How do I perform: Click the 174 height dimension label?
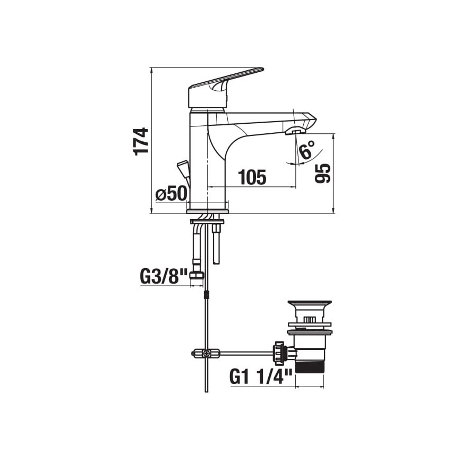click(x=141, y=141)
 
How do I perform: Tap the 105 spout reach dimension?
click(x=252, y=177)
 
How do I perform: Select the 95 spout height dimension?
click(x=323, y=173)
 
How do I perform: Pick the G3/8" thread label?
click(x=164, y=276)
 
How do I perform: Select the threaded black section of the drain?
click(x=310, y=366)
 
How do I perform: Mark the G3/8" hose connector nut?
click(x=199, y=275)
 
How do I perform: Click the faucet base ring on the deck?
click(x=207, y=210)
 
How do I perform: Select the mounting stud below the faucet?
click(x=217, y=244)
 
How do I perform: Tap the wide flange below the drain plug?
click(x=309, y=332)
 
